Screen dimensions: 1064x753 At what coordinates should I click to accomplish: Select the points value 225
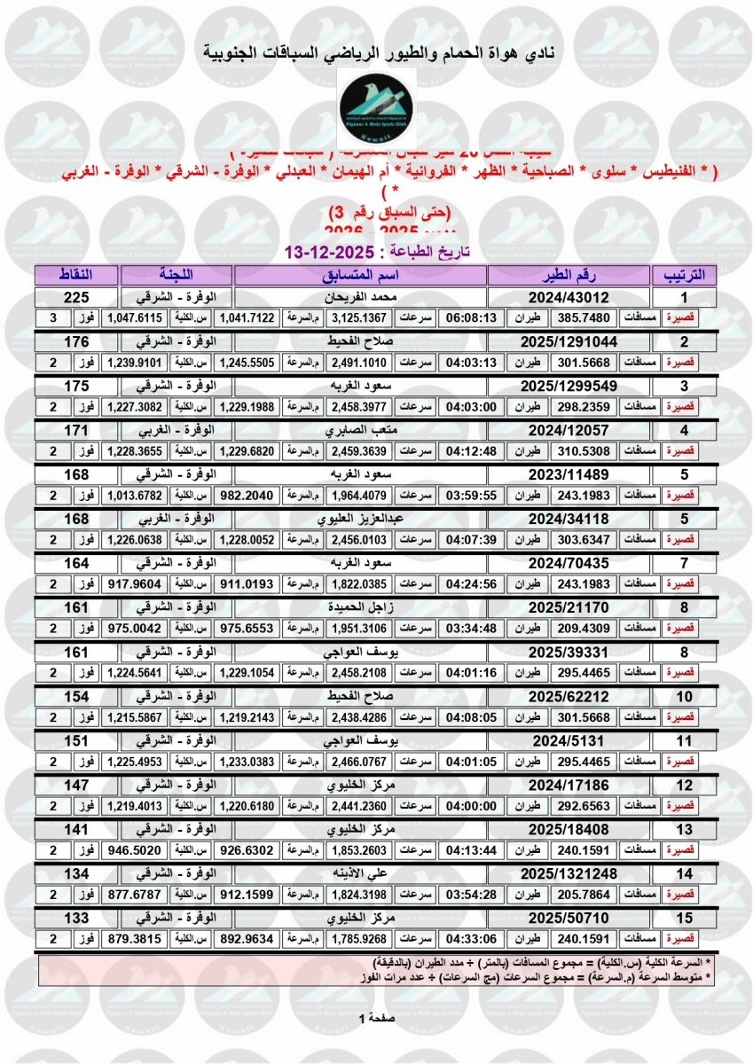click(x=76, y=297)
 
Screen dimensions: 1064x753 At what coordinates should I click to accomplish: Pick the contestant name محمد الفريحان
click(x=360, y=297)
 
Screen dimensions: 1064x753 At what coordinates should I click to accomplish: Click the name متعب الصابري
click(x=360, y=429)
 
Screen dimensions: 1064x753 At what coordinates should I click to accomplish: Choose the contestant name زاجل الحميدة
click(x=360, y=606)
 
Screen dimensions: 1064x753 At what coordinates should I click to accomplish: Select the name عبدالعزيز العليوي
click(x=360, y=518)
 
